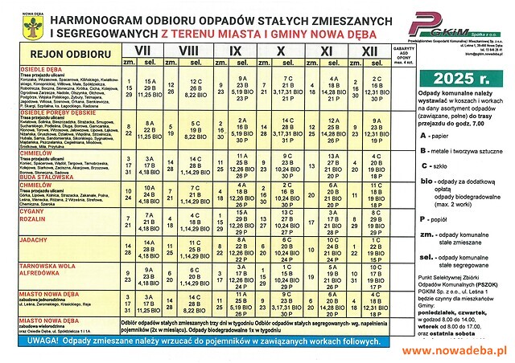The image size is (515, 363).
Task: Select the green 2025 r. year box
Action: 459,78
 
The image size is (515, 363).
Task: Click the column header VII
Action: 146,50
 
